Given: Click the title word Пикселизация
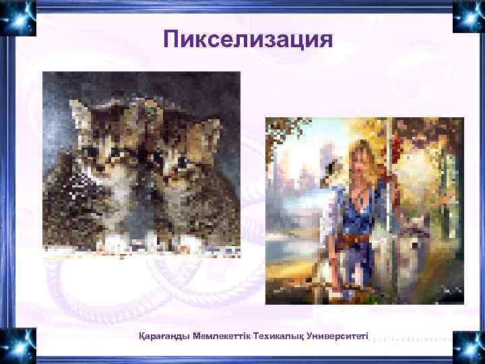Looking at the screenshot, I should (x=248, y=38).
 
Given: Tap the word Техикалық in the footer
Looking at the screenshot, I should (x=279, y=335).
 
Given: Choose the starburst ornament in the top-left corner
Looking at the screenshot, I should (x=18, y=18).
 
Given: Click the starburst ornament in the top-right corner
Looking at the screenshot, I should (x=467, y=18).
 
